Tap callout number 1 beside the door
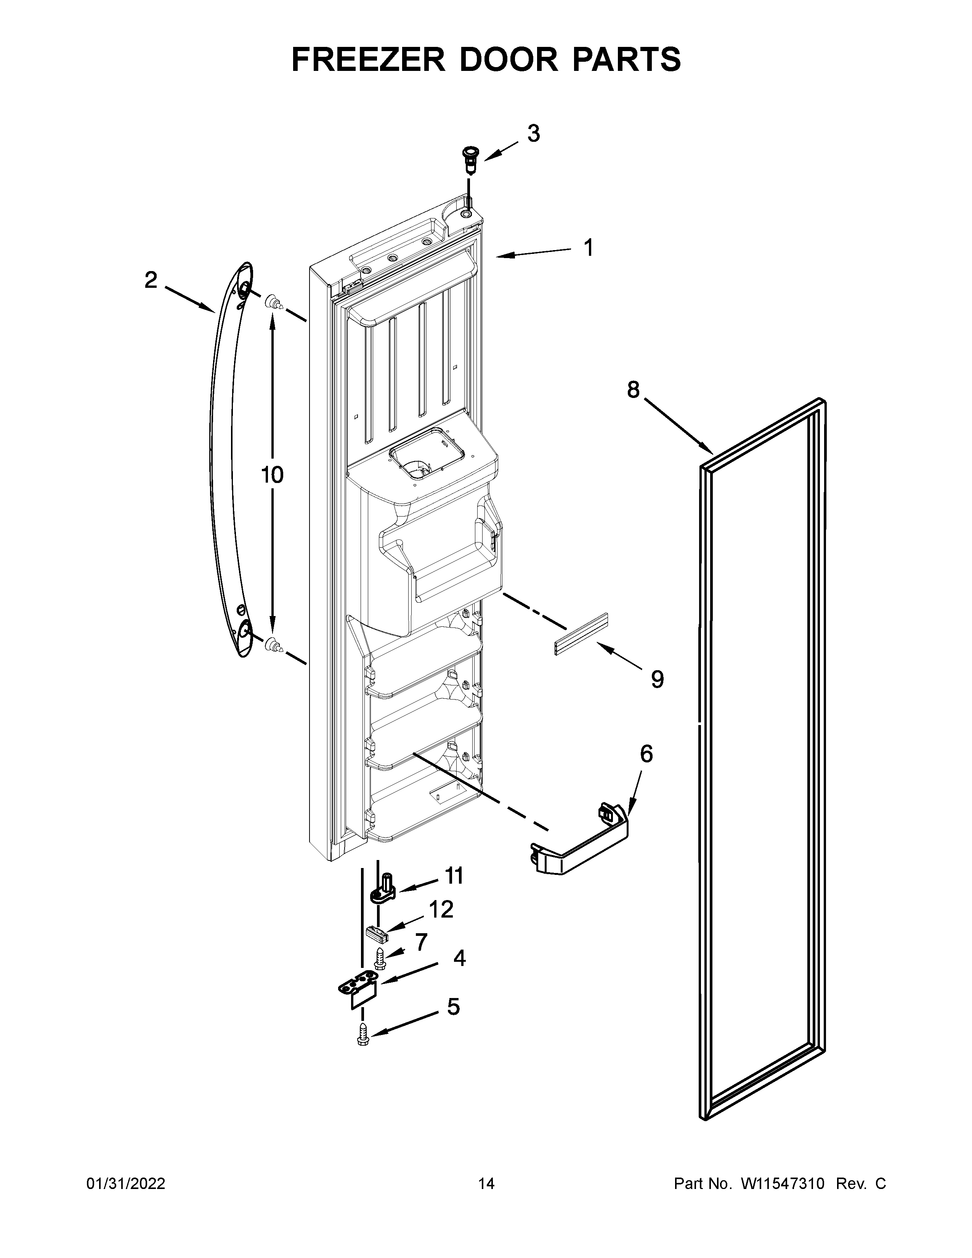click(588, 248)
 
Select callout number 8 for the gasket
click(633, 390)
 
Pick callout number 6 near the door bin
click(646, 754)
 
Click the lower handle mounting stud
click(273, 646)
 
